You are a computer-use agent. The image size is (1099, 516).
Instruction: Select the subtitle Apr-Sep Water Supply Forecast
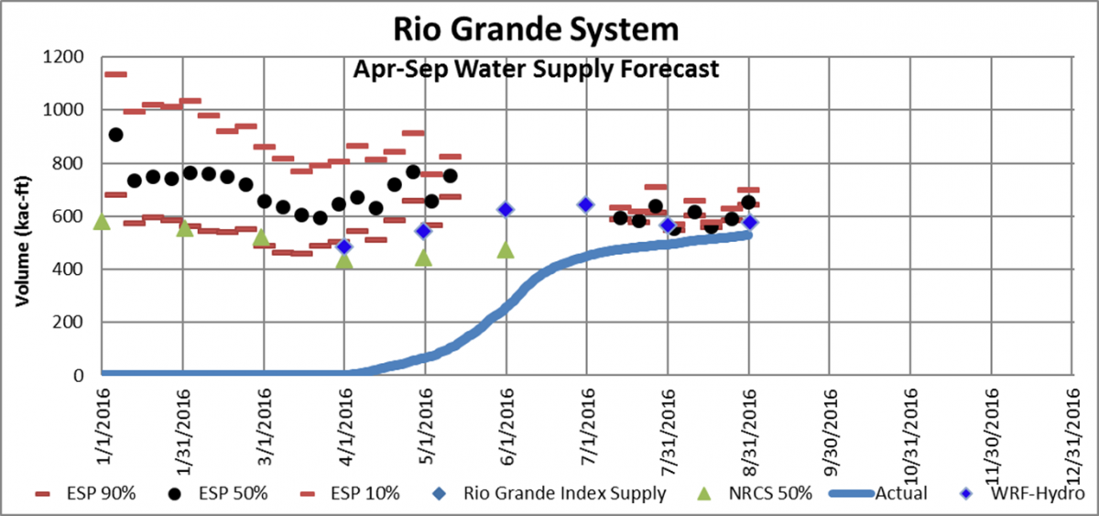536,69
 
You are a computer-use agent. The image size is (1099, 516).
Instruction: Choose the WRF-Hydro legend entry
1036,494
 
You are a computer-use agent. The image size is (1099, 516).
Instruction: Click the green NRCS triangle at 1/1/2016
102,222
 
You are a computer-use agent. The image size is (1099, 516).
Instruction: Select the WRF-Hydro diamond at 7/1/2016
587,204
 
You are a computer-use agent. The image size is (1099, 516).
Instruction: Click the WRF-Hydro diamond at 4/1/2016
344,247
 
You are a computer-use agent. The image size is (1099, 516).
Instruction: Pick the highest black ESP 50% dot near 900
115,135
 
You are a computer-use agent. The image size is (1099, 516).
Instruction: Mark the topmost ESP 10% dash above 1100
115,74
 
